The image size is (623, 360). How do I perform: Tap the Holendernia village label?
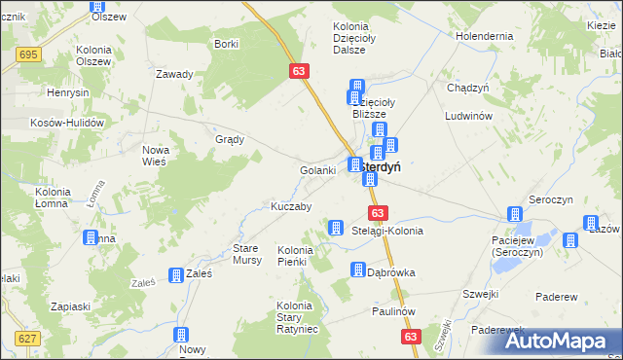click(483, 36)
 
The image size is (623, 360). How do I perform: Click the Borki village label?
click(226, 44)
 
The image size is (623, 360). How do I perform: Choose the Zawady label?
click(175, 74)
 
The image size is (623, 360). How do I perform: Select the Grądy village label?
click(229, 139)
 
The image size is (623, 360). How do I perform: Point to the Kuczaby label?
click(290, 207)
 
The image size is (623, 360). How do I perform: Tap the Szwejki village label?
click(481, 293)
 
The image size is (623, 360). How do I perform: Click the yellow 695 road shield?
click(28, 54)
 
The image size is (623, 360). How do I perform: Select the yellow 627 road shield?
click(27, 338)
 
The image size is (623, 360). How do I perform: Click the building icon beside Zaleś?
click(176, 276)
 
